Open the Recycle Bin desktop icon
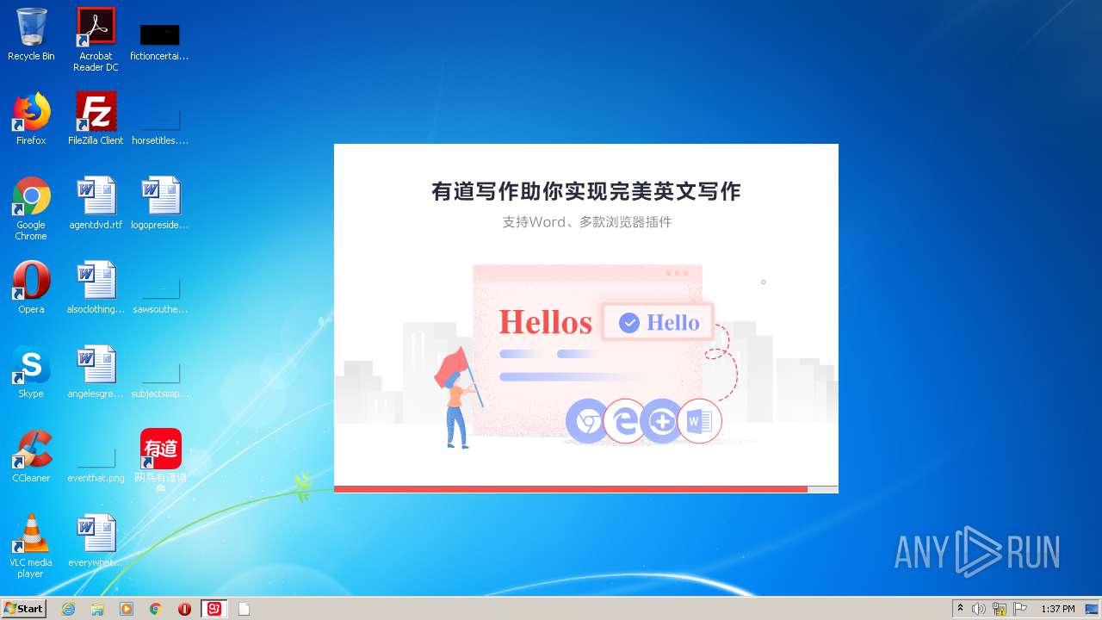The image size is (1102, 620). point(31,28)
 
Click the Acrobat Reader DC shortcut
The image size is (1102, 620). point(96,28)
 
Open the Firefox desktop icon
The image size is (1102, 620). point(31,112)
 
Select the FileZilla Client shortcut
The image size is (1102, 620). point(96,112)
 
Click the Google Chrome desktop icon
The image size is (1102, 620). point(31,196)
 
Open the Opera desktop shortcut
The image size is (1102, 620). point(31,281)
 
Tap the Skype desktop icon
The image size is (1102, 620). point(31,365)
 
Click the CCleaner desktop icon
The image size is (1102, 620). point(31,449)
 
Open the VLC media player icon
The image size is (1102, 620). point(31,534)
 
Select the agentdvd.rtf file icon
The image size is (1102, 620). point(96,196)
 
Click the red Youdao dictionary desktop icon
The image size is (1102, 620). point(161,449)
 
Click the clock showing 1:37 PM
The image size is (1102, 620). point(1057,609)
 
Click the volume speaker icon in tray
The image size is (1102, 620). point(979,609)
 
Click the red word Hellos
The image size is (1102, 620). point(545,323)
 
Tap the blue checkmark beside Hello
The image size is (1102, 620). point(629,323)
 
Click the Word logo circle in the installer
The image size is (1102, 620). point(699,421)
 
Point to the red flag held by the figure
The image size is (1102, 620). point(451,367)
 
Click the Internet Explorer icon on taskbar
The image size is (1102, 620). point(68,609)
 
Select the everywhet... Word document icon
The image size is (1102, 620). point(96,534)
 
